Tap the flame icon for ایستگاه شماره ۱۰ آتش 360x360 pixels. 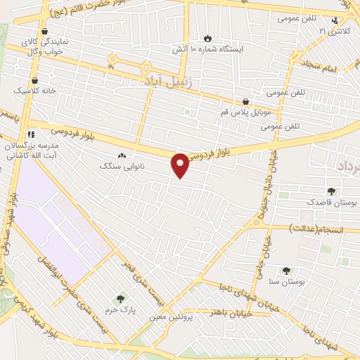pyautogui.click(x=207, y=38)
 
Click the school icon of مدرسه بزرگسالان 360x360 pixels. pyautogui.click(x=31, y=134)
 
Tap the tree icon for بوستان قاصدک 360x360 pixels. pyautogui.click(x=331, y=191)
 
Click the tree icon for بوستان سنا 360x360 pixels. pyautogui.click(x=285, y=271)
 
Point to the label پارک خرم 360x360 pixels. pyautogui.click(x=119, y=309)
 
